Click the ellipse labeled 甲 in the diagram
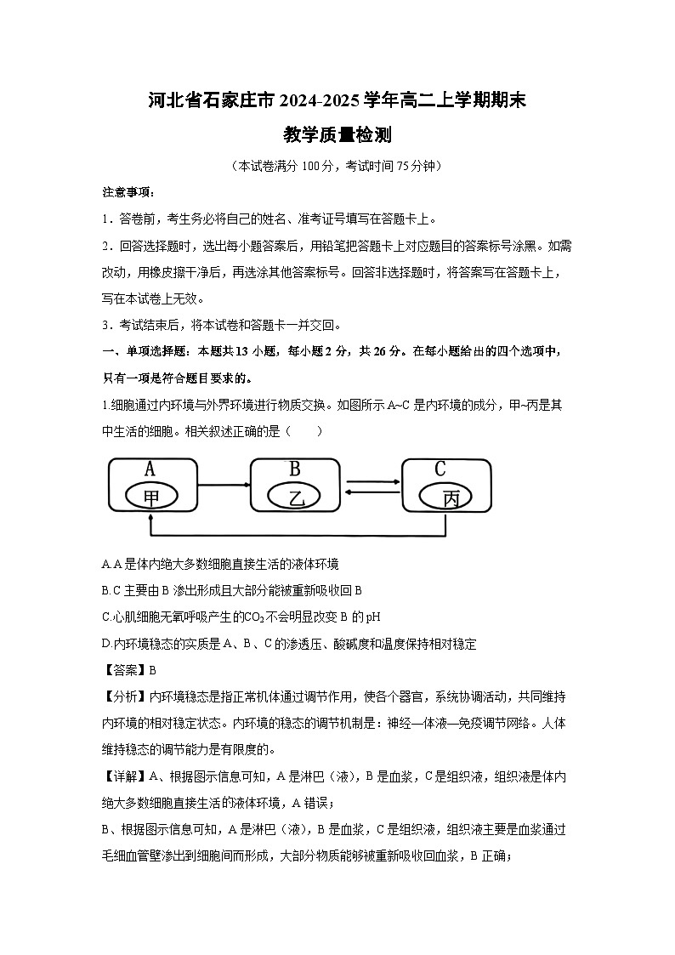(x=151, y=497)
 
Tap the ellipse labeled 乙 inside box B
(x=297, y=497)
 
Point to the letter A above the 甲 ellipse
(x=150, y=469)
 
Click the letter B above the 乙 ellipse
(x=295, y=469)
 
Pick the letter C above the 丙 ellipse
(x=440, y=469)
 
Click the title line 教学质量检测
(x=337, y=135)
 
